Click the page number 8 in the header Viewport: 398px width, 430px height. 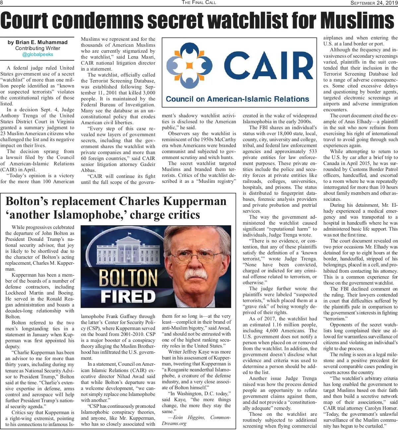point(2,3)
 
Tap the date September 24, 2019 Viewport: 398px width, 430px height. point(374,3)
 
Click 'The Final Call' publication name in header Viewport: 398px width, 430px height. point(199,2)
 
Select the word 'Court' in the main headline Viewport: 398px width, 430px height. point(30,21)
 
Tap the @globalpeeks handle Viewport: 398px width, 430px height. point(37,54)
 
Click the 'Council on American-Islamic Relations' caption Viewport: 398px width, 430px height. point(237,99)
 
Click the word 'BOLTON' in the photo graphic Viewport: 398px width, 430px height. point(128,278)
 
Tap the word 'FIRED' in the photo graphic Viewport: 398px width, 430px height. point(128,296)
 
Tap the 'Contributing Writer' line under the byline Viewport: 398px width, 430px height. point(37,48)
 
